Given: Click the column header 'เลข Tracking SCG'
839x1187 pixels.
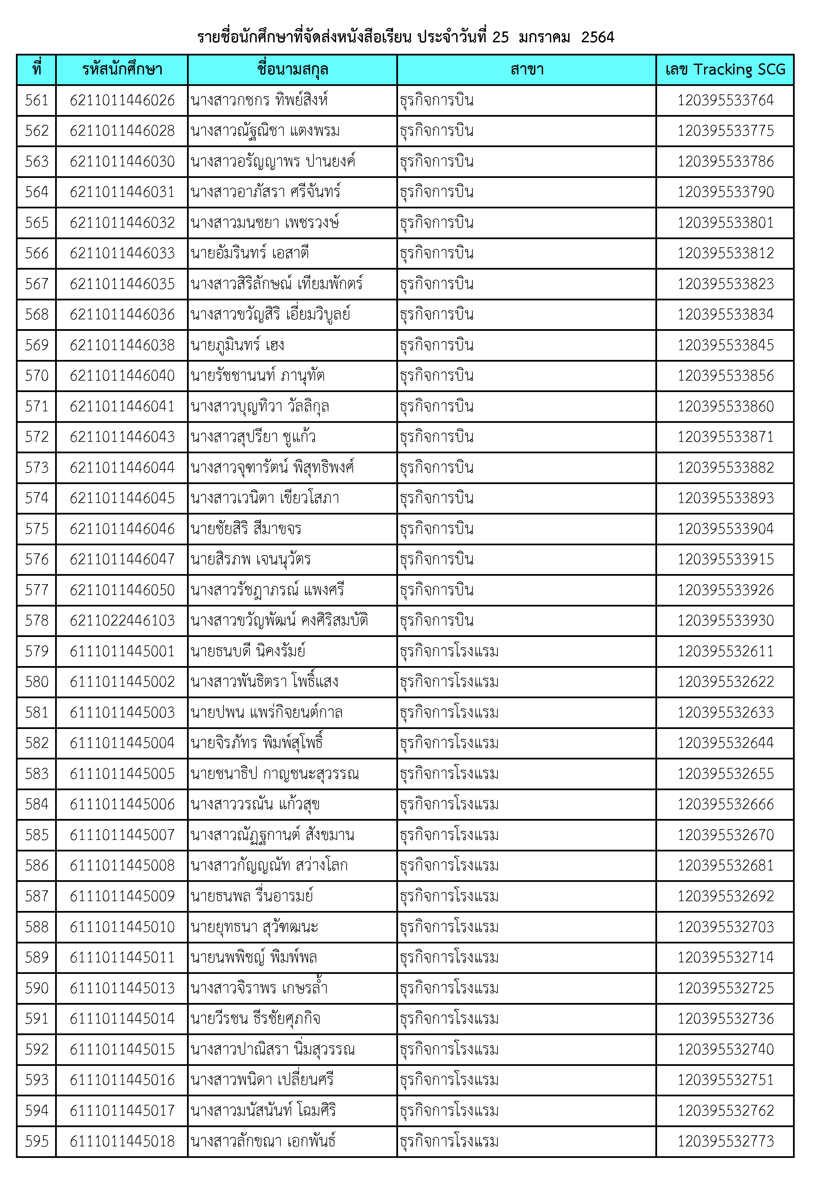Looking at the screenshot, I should [x=725, y=69].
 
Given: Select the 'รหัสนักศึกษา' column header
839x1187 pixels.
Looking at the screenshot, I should [x=122, y=69].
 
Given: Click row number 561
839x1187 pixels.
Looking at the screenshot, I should [x=37, y=100].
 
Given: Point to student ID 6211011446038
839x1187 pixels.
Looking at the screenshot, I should [x=122, y=345].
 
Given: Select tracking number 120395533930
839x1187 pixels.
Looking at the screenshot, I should [x=725, y=620].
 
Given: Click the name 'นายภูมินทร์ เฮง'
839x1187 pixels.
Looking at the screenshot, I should [x=237, y=345].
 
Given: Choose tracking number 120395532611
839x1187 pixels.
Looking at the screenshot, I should [x=725, y=651].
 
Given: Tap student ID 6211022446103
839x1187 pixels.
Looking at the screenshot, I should [x=122, y=620].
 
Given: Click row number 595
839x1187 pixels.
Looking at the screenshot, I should [x=37, y=1141].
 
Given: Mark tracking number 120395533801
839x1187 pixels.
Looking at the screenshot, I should [x=725, y=222].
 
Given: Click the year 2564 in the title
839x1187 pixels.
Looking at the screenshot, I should [x=597, y=37].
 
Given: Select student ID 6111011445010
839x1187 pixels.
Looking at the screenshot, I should [x=122, y=927].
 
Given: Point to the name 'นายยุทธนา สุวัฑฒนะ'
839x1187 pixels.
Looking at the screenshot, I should [x=254, y=927].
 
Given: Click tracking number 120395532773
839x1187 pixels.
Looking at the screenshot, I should [x=725, y=1141].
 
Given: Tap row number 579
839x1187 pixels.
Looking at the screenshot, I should [x=37, y=651].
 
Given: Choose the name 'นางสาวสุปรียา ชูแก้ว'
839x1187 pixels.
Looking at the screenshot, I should [x=253, y=437].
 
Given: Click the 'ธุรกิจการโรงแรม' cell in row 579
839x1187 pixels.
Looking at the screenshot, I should [x=449, y=651].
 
